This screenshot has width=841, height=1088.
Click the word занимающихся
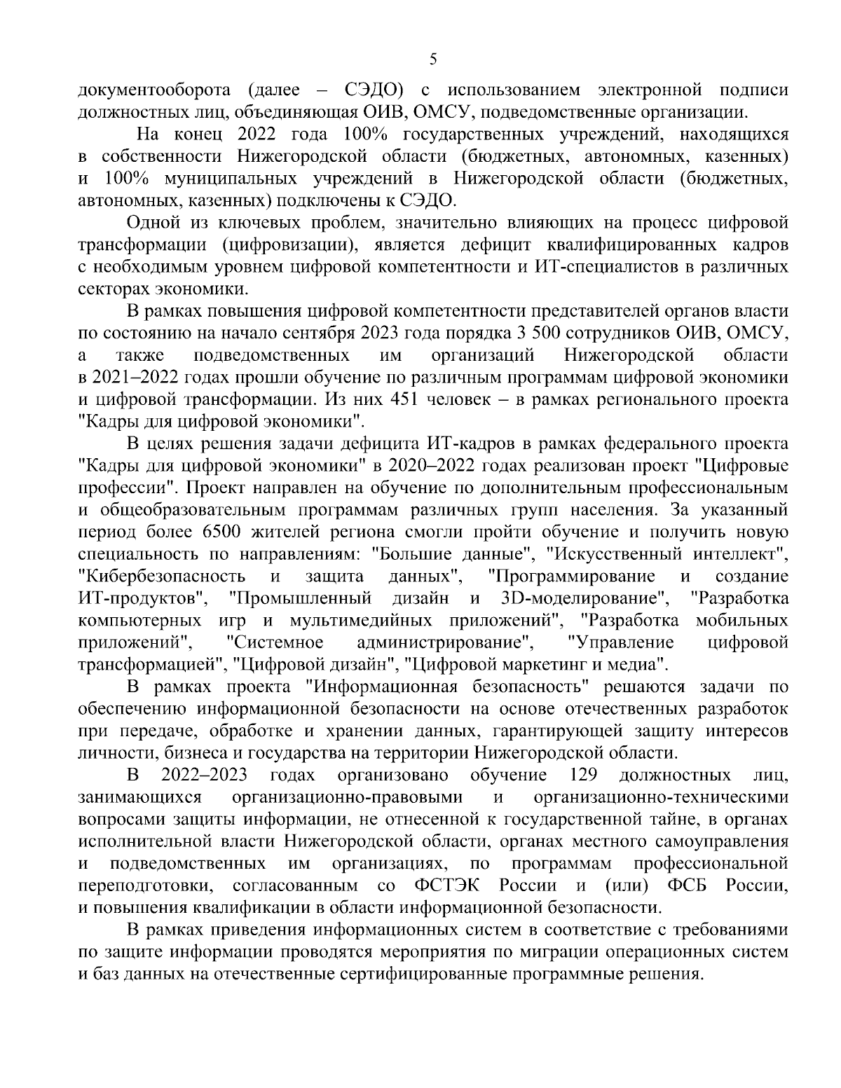(140, 797)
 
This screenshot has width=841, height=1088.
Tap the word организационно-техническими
(659, 797)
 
